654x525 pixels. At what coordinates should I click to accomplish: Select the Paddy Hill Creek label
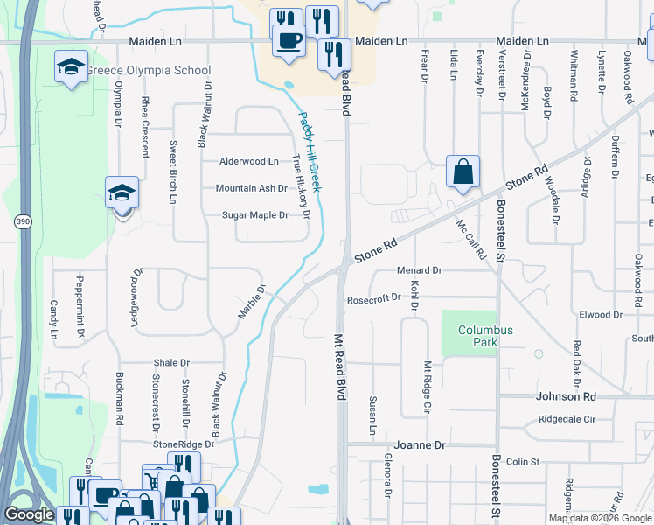[x=311, y=153]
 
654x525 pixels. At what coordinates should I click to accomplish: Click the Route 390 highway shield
[x=22, y=223]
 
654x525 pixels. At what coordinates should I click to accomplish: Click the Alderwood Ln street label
[x=249, y=161]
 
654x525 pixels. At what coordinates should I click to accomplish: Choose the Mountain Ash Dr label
[x=251, y=188]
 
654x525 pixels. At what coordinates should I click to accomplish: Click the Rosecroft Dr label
[x=373, y=297]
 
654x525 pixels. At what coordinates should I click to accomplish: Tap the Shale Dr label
[x=171, y=362]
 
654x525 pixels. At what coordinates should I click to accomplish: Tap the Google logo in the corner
[x=29, y=514]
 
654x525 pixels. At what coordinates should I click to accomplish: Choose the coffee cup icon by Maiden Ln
[x=289, y=39]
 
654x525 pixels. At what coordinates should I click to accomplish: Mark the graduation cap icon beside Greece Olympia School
[x=72, y=67]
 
